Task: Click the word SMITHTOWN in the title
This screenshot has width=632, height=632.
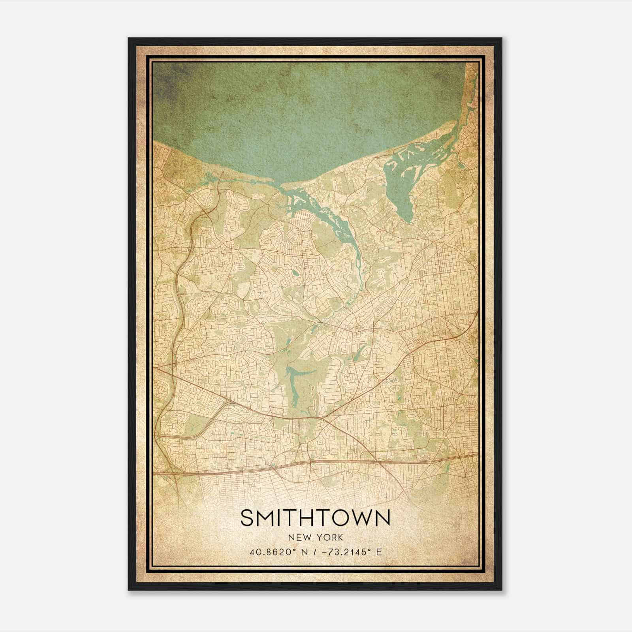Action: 315,518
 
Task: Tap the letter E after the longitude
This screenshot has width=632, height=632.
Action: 379,552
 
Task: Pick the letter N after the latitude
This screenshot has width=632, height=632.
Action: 305,552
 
